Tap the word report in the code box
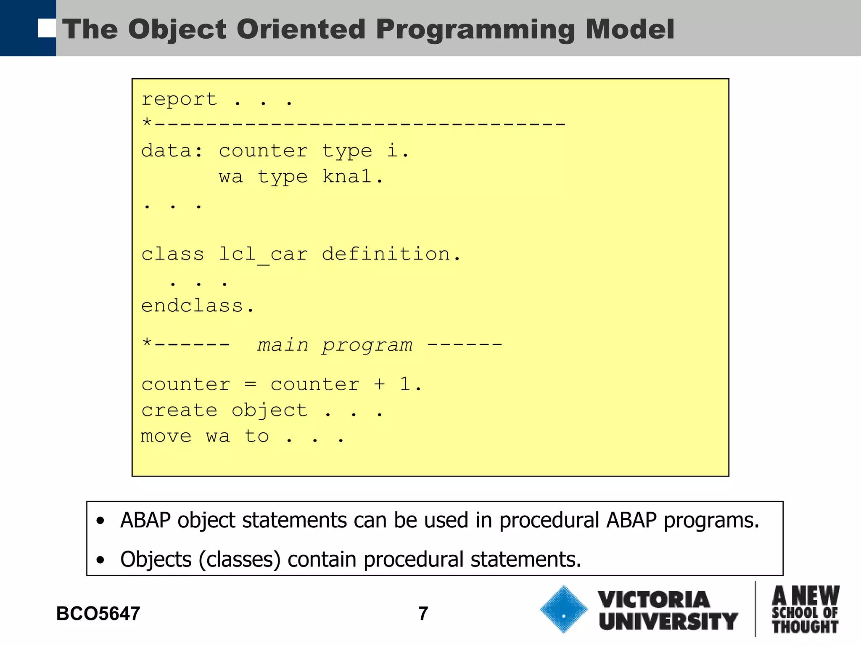point(179,100)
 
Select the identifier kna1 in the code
point(352,177)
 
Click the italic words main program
point(335,345)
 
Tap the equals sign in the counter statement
point(251,384)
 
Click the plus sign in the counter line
point(379,384)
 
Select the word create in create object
point(179,410)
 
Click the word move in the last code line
point(166,436)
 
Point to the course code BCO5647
point(98,614)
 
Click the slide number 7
point(423,614)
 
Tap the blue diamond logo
point(563,609)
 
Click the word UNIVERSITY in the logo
point(668,621)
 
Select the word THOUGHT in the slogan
point(805,627)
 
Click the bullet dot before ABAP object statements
point(100,522)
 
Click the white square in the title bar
point(47,28)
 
